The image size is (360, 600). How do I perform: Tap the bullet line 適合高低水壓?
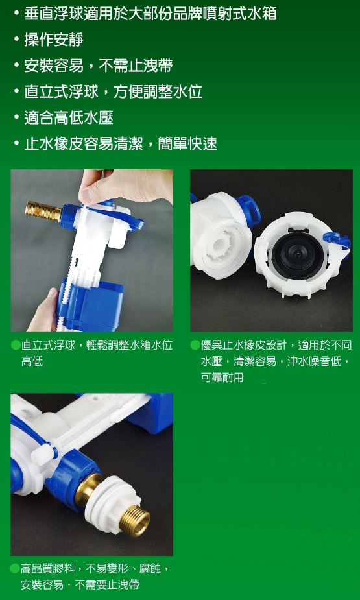[69, 117]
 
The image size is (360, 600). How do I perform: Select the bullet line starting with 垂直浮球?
[150, 13]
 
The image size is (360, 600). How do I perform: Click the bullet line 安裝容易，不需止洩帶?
[98, 66]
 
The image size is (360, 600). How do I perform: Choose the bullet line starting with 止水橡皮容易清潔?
[120, 143]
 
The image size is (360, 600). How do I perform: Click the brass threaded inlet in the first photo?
[42, 210]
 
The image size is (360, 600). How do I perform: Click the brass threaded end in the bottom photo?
[135, 520]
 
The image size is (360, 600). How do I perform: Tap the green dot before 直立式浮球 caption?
[16, 345]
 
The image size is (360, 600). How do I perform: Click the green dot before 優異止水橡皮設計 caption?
[195, 345]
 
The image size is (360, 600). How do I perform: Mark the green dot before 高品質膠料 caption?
[16, 569]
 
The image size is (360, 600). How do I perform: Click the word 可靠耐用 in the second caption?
[222, 377]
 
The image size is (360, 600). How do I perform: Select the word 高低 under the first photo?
[32, 361]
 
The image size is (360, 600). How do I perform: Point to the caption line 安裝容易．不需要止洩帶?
[80, 584]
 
